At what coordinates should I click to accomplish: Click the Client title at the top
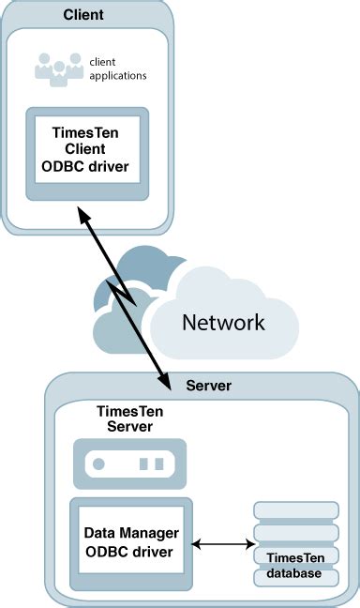point(83,15)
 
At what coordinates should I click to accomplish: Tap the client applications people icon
point(59,69)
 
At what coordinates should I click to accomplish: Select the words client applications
point(118,68)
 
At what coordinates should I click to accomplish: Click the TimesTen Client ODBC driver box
point(87,154)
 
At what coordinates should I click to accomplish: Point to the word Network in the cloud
point(224,322)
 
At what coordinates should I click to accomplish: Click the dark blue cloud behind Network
point(143,267)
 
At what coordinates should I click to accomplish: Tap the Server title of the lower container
point(208,386)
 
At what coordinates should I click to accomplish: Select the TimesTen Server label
point(129,418)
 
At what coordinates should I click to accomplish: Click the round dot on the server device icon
point(98,464)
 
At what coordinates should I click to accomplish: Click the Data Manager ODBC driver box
point(131,544)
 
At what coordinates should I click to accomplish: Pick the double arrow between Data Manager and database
point(223,544)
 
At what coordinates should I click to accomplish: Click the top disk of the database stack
point(296,510)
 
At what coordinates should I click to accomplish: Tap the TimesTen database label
point(295,566)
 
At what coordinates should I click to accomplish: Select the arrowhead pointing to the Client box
point(83,214)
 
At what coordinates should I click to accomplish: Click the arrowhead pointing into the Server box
point(165,381)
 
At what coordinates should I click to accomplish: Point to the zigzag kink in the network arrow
point(123,294)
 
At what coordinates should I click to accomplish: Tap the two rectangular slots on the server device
point(152,464)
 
